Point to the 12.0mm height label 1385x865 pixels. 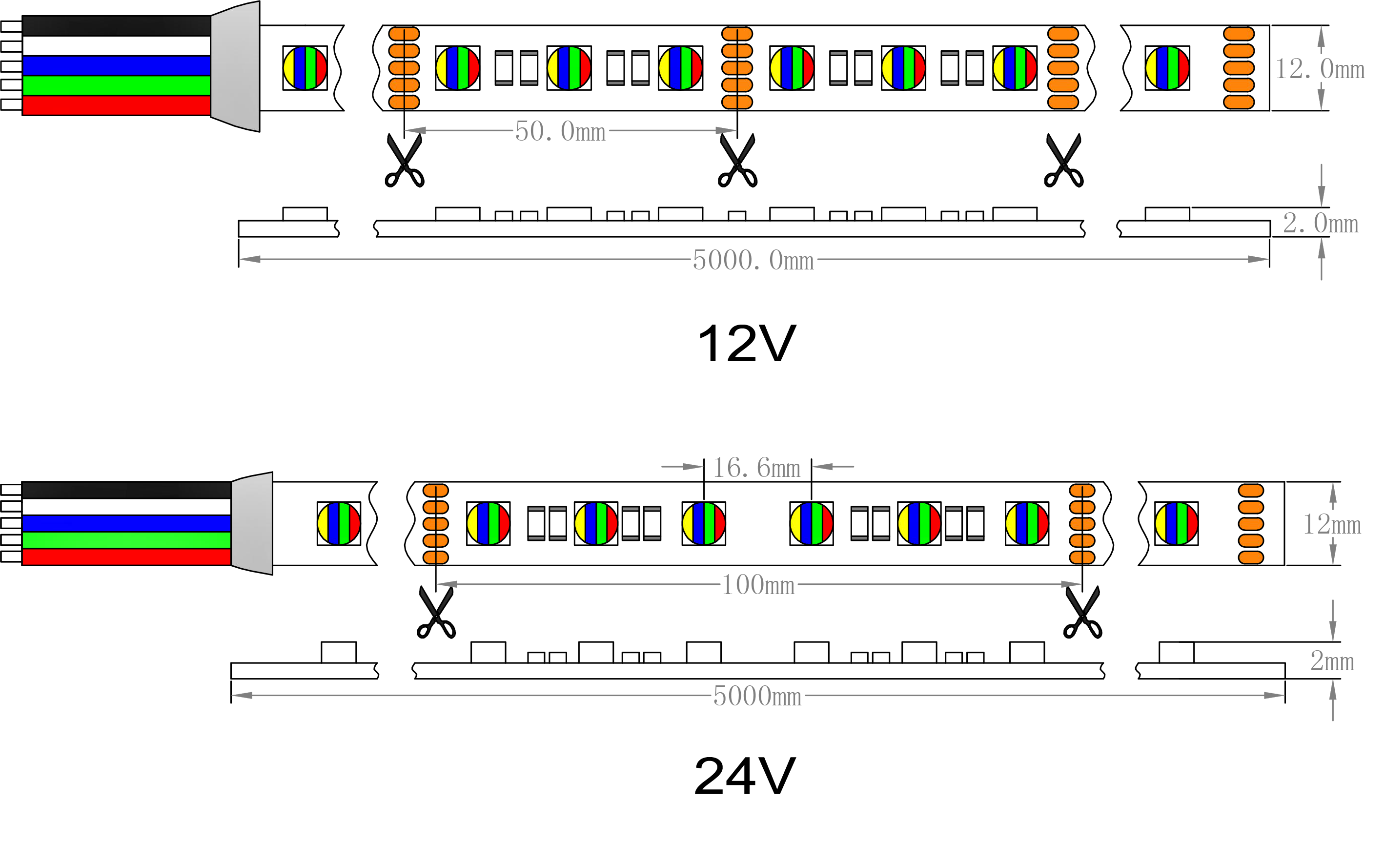pos(1319,69)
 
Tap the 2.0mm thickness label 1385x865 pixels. pos(1320,223)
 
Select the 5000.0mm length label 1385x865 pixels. pos(753,260)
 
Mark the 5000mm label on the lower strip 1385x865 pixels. pos(756,696)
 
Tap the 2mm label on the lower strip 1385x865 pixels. pos(1332,661)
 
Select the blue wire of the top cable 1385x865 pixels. pos(117,66)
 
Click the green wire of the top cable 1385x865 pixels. pos(117,85)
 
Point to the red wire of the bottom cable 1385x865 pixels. pos(126,556)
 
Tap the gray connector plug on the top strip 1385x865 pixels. pos(236,67)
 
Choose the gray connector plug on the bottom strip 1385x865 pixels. pos(252,523)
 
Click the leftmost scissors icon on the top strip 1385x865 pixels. pos(404,161)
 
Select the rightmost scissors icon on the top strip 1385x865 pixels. pos(1063,161)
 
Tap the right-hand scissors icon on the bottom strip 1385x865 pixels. pos(1082,613)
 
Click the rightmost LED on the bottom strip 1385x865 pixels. pos(1176,523)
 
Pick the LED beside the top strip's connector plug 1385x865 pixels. pos(305,68)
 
